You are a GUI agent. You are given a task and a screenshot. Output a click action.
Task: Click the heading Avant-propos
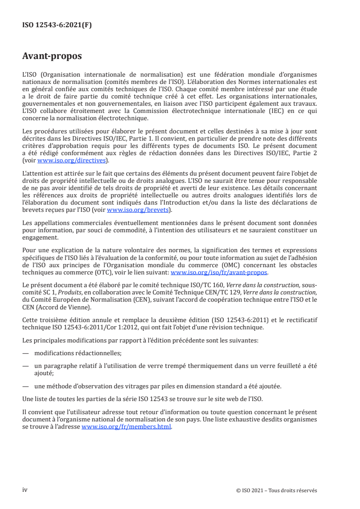click(x=52, y=57)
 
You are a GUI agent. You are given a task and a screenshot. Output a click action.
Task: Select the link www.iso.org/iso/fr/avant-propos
click(x=219, y=273)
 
